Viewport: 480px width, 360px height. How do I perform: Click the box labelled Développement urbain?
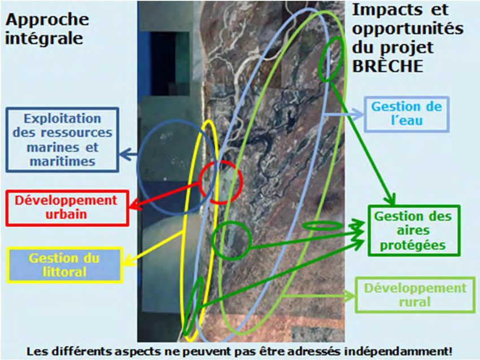67,208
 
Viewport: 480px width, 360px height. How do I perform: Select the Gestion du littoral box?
65,265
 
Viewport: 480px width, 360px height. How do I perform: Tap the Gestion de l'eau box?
407,114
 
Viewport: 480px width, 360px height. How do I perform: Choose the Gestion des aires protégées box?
414,231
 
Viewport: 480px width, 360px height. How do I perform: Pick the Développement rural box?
416,295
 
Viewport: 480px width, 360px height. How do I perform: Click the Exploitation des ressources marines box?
63,139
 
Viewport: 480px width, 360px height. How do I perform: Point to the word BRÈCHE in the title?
388,66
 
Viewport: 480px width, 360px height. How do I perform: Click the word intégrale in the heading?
44,38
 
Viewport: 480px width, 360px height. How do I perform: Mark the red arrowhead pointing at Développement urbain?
135,206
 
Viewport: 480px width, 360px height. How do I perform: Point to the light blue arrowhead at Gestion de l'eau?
357,115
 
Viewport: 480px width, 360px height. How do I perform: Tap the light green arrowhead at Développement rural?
350,296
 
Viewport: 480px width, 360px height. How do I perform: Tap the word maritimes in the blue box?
63,161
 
